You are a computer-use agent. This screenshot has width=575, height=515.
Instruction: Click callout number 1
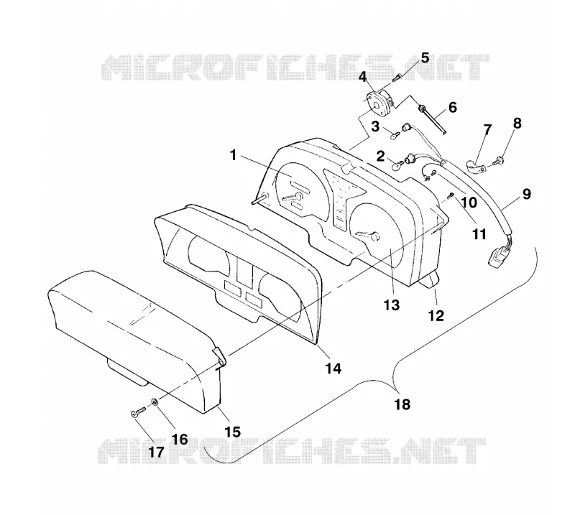[233, 155]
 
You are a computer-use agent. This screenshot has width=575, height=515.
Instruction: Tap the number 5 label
[425, 58]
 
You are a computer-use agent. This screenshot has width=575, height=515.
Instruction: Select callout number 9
[527, 194]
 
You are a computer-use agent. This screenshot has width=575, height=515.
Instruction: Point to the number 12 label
[436, 315]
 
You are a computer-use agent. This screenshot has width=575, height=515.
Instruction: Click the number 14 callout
[333, 368]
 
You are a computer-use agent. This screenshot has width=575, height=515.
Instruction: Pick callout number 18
[402, 404]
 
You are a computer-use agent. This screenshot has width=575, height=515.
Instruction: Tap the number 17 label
[156, 452]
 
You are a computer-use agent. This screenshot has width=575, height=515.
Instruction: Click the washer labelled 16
[155, 402]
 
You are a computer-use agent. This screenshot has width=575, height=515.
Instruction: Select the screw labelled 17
[138, 412]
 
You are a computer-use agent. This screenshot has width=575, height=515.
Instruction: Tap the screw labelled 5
[396, 78]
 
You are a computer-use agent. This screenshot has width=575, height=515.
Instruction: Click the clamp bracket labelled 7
[476, 167]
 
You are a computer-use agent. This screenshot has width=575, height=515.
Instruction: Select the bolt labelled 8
[497, 159]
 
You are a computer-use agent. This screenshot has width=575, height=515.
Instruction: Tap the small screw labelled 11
[451, 198]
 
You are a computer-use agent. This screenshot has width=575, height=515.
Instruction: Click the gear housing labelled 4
[379, 101]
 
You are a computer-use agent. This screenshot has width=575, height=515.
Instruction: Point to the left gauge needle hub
[298, 197]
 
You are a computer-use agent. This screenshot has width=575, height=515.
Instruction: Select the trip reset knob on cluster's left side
[258, 199]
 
